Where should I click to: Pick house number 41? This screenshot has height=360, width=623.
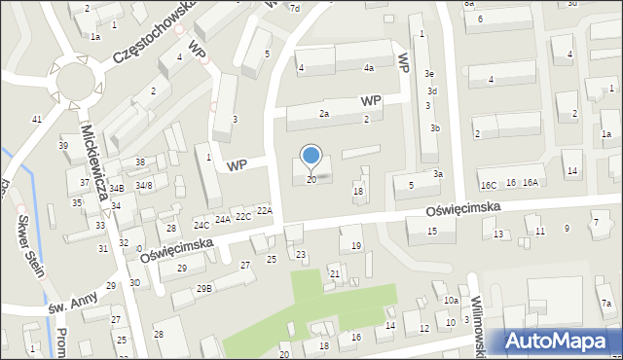(x=36, y=119)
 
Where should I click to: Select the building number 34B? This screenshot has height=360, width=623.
(x=117, y=189)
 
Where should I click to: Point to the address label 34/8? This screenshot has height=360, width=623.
(x=144, y=185)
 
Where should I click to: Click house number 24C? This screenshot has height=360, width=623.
(x=202, y=226)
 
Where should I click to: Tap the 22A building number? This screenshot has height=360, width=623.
(x=265, y=210)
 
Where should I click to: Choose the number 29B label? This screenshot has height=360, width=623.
(x=203, y=288)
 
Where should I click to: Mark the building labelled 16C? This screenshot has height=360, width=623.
(x=488, y=184)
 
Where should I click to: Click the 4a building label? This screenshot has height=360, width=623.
(x=369, y=68)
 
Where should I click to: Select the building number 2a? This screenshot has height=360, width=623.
(x=324, y=114)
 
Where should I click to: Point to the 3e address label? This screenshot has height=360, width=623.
(x=429, y=74)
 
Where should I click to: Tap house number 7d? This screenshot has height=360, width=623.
(x=294, y=8)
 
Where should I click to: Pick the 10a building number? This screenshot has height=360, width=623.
(x=451, y=301)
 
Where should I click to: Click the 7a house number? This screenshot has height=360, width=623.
(x=605, y=305)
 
